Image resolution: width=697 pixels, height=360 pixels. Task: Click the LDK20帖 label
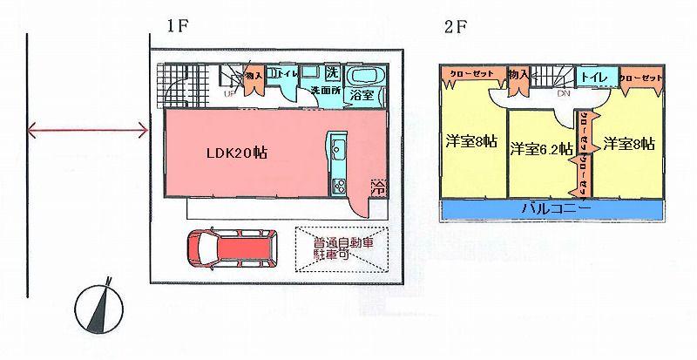(236, 152)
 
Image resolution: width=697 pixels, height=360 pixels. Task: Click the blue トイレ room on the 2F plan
(595, 78)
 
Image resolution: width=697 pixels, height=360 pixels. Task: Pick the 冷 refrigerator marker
(378, 186)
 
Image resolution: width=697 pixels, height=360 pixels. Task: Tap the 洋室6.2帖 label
(541, 148)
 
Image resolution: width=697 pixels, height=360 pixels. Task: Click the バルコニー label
(556, 210)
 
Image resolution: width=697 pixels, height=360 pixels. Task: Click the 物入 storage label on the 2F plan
(517, 76)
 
